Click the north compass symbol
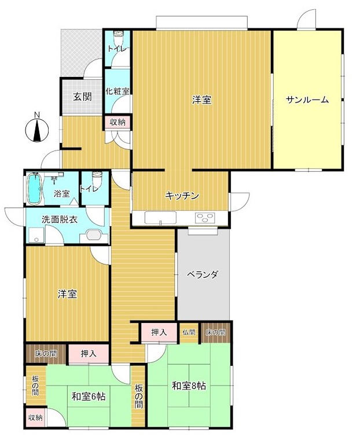tap(37, 130)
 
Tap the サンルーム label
tap(307, 100)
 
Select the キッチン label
tap(182, 196)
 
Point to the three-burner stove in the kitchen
tap(205, 218)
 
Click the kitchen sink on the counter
tap(160, 218)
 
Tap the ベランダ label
tap(203, 274)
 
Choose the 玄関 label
tap(82, 97)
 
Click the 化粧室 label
tap(117, 91)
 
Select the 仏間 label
tap(189, 332)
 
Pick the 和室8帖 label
tap(189, 385)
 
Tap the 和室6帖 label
tap(89, 396)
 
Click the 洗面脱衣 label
tap(60, 219)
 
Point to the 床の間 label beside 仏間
tap(215, 332)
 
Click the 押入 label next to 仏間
tap(159, 332)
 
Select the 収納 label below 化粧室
tap(117, 122)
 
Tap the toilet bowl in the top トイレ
tap(117, 36)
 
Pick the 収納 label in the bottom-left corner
tap(35, 417)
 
